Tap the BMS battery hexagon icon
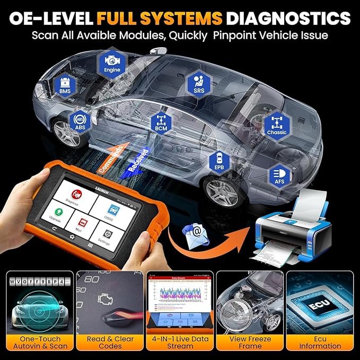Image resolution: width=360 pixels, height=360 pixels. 65,87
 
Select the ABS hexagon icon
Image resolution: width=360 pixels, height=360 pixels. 80,122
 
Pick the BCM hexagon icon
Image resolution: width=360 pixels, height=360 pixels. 159,122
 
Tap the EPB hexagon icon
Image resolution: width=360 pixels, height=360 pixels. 219,160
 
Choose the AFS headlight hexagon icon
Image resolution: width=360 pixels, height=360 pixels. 279,175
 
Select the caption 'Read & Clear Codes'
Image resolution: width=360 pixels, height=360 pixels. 110,342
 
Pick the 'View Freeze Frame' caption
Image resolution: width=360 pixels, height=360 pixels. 250,342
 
